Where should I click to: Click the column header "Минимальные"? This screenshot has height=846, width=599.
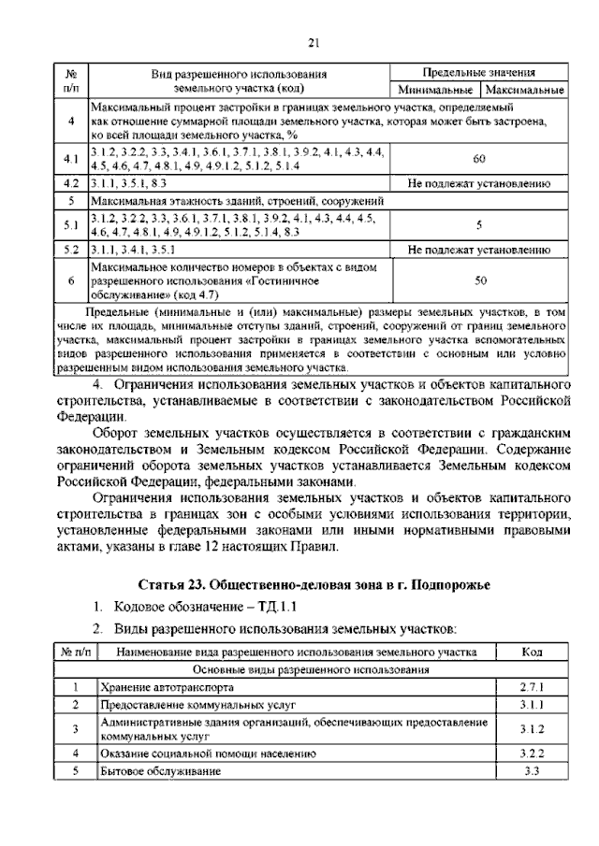point(435,91)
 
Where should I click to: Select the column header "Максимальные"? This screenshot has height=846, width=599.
point(523,91)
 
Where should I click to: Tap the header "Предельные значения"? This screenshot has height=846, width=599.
point(479,72)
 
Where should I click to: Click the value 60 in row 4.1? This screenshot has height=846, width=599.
point(479,158)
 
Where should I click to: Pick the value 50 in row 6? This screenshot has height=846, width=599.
point(479,280)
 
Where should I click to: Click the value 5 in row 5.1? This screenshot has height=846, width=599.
point(479,225)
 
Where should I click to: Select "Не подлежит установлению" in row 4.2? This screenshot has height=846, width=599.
point(479,184)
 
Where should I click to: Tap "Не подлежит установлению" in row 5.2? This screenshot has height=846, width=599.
point(479,251)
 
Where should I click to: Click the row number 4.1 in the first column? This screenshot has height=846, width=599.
point(71,159)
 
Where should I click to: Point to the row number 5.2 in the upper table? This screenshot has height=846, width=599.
point(71,251)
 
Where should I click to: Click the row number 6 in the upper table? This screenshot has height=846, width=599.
point(71,280)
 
